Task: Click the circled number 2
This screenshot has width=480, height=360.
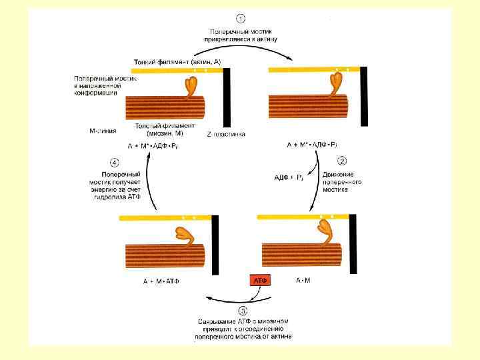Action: click(342, 161)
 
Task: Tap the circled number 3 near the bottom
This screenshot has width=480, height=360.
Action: click(243, 310)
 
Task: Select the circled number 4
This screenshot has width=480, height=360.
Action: click(115, 161)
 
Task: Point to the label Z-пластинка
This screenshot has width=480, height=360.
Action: click(226, 134)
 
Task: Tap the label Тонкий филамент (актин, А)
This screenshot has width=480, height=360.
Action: click(177, 61)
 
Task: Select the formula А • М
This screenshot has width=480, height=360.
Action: click(303, 281)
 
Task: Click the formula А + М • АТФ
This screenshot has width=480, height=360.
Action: click(161, 281)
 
